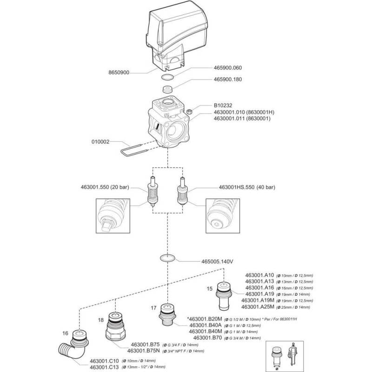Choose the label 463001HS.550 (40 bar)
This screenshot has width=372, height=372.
[247, 187]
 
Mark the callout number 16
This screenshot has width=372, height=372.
[65, 333]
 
